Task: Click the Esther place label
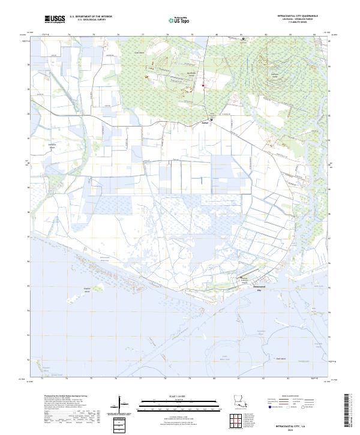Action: click(211, 124)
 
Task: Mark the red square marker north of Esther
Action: click(203, 86)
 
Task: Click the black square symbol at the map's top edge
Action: click(243, 39)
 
